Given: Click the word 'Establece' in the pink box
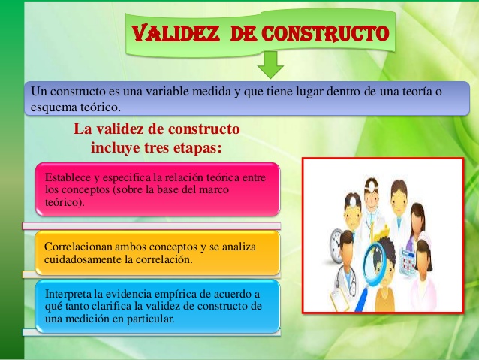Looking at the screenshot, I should point(68,177).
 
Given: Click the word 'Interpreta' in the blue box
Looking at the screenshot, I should point(68,294).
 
